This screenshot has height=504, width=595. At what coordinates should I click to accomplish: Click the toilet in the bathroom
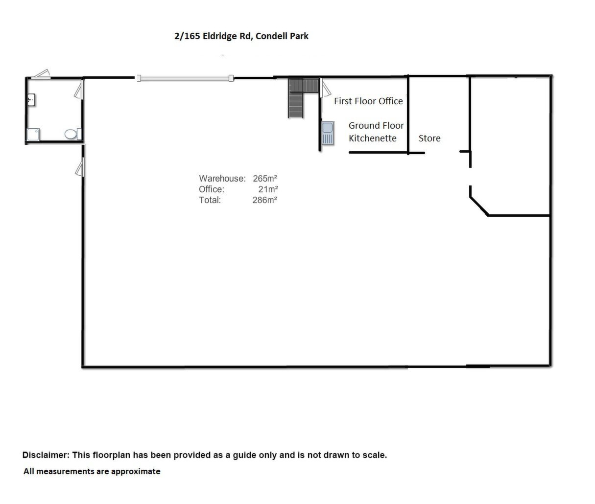pos(73,134)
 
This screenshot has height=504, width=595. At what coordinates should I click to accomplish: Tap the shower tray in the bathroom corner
pos(33,135)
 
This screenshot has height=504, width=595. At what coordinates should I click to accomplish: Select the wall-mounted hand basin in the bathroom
pos(31,100)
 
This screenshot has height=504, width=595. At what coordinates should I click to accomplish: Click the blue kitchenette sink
pos(328,133)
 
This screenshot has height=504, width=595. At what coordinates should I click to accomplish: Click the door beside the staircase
pos(325,88)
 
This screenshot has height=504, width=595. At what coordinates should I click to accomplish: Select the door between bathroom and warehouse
pos(79,89)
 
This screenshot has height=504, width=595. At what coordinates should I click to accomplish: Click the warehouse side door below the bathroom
pos(80,167)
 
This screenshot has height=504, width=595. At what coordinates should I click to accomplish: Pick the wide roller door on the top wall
pos(185,78)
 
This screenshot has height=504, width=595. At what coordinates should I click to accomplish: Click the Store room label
pos(429,138)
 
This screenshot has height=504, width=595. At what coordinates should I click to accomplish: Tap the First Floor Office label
pos(368,101)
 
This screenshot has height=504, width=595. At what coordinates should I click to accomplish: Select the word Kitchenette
pos(373,138)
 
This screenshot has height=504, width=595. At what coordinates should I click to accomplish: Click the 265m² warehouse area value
pos(265,178)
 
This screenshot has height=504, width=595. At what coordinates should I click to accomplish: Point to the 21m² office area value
pos(268,189)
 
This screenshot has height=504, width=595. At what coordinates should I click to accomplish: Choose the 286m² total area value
pos(264,200)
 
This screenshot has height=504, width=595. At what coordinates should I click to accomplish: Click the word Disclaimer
pos(46,455)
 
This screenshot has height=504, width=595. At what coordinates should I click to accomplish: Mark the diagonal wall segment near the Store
pos(479,206)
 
